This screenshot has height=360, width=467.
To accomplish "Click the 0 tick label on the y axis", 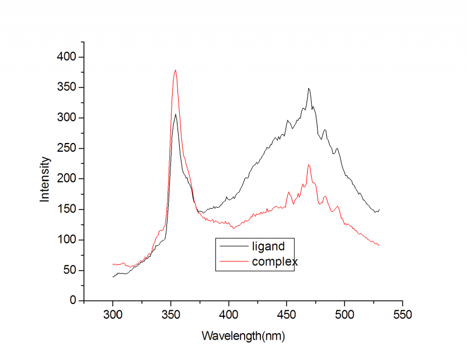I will (73, 300).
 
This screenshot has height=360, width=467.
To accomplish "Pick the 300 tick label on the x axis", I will (113, 315).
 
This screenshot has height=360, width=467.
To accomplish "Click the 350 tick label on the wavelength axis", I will (170, 315).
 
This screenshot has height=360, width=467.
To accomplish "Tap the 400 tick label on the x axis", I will (229, 315).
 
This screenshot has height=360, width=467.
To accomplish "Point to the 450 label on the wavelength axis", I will (287, 315).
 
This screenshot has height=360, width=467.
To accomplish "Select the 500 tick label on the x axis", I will (344, 315).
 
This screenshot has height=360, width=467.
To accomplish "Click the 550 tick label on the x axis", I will (402, 315).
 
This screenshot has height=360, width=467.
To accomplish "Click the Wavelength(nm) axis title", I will (243, 336).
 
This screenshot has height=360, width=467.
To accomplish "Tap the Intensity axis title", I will (45, 179).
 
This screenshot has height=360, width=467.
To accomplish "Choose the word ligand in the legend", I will (268, 246).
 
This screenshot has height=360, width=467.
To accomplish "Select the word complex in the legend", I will (274, 262).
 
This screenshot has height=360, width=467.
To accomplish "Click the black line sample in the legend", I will (233, 246).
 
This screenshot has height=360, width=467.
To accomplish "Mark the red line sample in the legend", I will (233, 261).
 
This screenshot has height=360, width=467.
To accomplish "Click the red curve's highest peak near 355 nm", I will (175, 70).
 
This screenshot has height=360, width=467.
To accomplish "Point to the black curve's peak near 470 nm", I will (309, 89).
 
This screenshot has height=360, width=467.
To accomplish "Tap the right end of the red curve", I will (379, 245).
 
